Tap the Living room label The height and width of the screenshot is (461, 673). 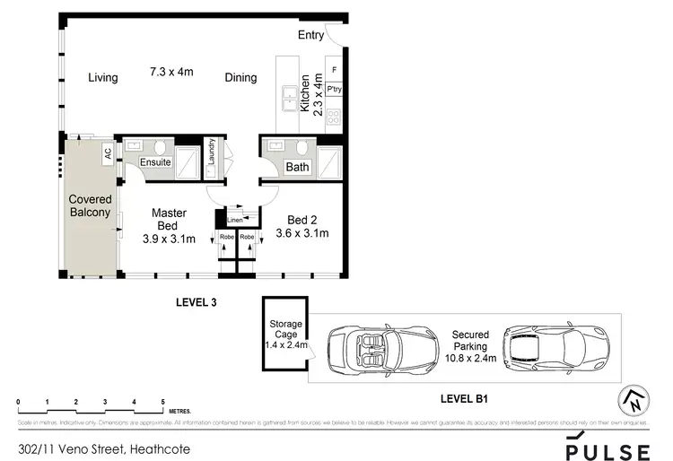(103, 78)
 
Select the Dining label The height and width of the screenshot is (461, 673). (240, 78)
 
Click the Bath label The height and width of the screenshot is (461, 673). (297, 167)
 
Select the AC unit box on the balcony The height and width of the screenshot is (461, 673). (108, 153)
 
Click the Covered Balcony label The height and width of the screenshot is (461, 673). (90, 205)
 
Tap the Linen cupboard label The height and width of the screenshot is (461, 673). (234, 220)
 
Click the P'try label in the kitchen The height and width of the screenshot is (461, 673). (334, 90)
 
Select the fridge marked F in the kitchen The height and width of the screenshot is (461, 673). (335, 69)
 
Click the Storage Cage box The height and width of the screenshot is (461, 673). (284, 333)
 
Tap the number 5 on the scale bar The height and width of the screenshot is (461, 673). (162, 401)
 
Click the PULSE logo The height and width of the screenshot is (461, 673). (607, 448)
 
